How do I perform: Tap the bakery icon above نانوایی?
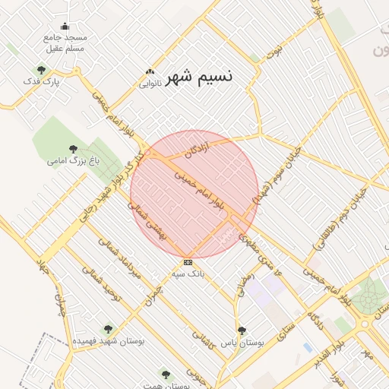coord(150,73)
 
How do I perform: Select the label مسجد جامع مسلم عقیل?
coord(65,42)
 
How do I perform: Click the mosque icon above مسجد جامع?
coord(65,27)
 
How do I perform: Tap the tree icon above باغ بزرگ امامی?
coord(73,150)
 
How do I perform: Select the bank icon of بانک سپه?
coord(188,262)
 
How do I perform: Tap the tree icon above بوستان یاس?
coord(242,330)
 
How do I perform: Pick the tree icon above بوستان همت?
coord(166,375)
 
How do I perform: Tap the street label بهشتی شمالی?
coord(144,220)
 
